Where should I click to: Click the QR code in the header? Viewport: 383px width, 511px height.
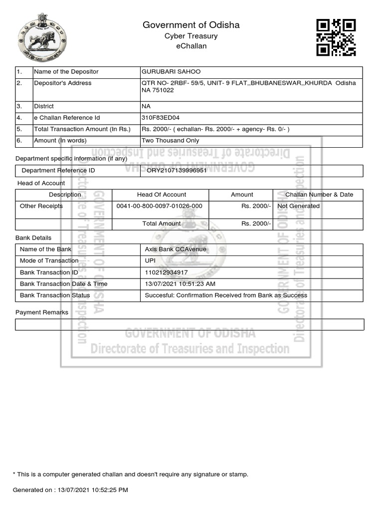click(x=336, y=37)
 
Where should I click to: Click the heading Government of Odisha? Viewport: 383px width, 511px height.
click(x=191, y=25)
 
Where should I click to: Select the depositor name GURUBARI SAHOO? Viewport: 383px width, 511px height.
click(x=171, y=72)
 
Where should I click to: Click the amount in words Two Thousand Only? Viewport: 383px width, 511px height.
click(x=170, y=141)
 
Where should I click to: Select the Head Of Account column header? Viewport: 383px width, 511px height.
click(x=162, y=195)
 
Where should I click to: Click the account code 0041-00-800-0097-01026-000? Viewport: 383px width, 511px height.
click(x=159, y=206)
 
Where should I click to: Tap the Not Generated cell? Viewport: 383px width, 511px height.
click(x=298, y=206)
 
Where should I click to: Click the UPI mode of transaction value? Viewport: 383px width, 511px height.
click(x=150, y=260)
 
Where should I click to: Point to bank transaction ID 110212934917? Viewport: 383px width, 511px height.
click(x=166, y=272)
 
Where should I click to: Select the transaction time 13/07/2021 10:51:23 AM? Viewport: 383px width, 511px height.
click(x=180, y=284)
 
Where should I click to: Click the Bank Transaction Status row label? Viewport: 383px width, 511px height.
click(x=55, y=295)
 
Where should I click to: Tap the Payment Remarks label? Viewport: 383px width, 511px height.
click(x=42, y=312)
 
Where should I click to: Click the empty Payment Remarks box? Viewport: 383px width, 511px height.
click(x=190, y=325)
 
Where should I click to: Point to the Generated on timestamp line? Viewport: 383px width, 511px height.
click(x=70, y=490)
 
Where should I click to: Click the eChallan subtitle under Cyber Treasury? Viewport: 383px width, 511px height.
click(x=191, y=46)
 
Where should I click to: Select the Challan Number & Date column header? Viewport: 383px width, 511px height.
click(x=319, y=195)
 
